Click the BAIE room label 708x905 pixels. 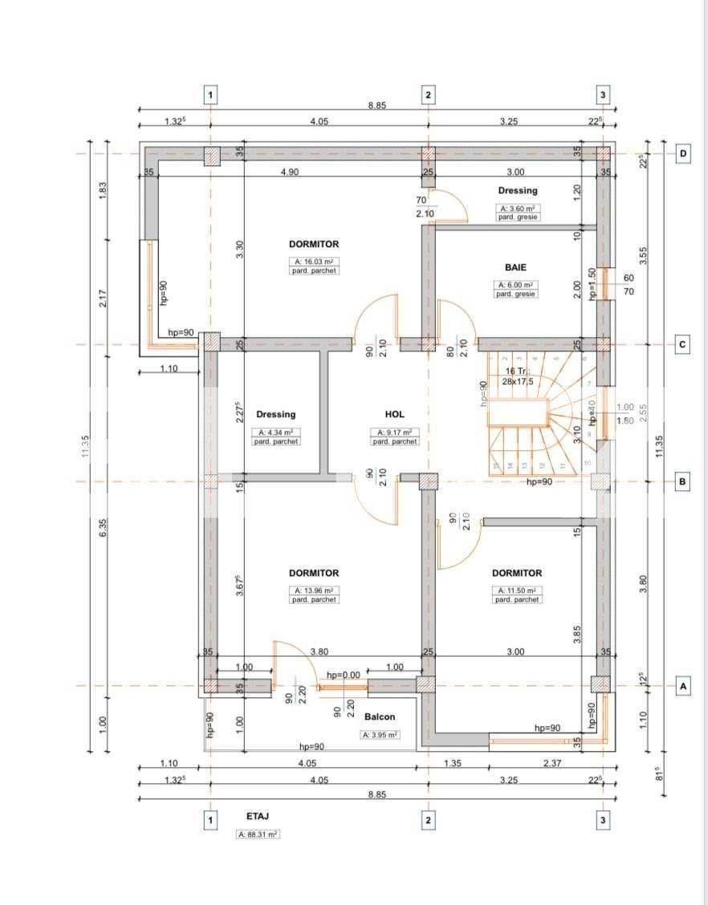(516, 267)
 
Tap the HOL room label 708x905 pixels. (394, 415)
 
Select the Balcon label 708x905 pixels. (380, 716)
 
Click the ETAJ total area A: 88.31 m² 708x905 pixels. (258, 834)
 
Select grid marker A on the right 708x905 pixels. (683, 687)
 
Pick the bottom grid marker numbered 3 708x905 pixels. (604, 820)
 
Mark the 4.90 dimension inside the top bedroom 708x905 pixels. (289, 172)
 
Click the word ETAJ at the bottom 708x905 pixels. (258, 816)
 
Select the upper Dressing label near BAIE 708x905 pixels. (517, 191)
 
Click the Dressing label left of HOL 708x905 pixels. (275, 415)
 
